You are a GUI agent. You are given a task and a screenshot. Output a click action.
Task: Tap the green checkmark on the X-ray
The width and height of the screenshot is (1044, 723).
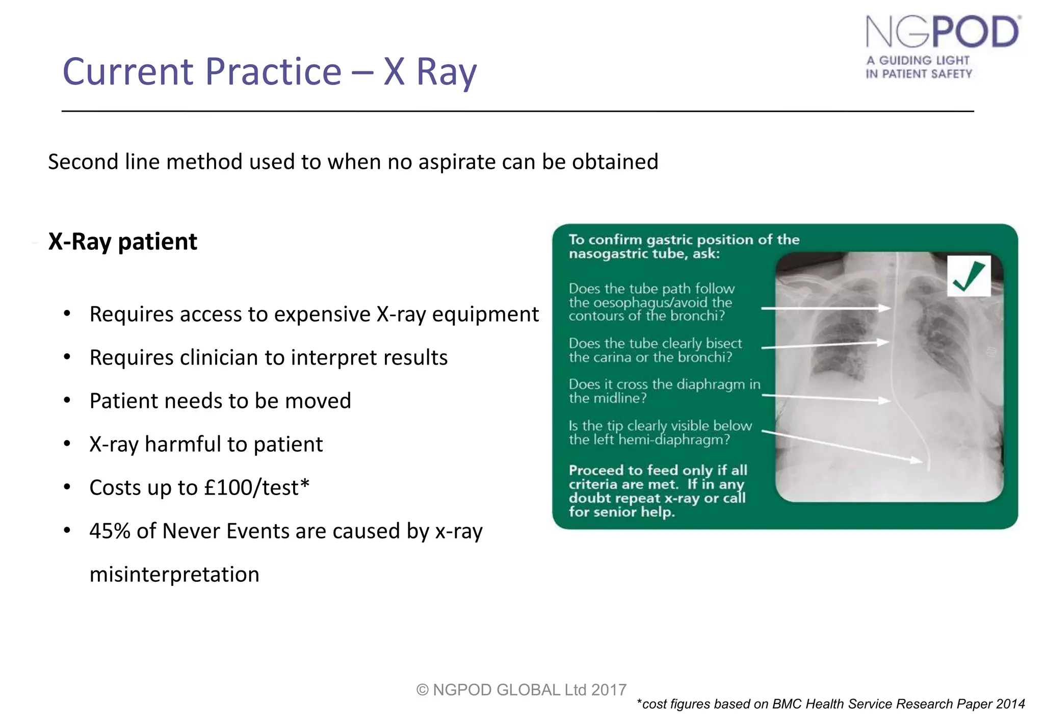968,276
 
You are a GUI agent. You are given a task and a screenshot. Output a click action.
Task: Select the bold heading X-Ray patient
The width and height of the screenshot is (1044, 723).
122,242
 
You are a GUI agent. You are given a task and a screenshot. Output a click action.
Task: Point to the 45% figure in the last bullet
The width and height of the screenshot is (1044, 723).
110,531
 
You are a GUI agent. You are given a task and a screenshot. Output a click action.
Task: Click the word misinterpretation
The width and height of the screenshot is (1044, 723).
174,575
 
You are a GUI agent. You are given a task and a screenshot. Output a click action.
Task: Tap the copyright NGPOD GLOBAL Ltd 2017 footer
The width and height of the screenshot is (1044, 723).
521,689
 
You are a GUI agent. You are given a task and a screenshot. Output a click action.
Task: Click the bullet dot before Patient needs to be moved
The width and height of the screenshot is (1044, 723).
67,401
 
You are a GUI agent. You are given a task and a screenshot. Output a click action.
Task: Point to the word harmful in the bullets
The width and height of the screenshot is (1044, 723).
182,445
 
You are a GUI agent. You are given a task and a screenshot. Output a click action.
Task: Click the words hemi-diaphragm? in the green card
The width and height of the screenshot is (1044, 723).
674,440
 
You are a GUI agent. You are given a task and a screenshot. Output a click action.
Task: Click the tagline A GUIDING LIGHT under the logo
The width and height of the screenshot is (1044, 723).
918,60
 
